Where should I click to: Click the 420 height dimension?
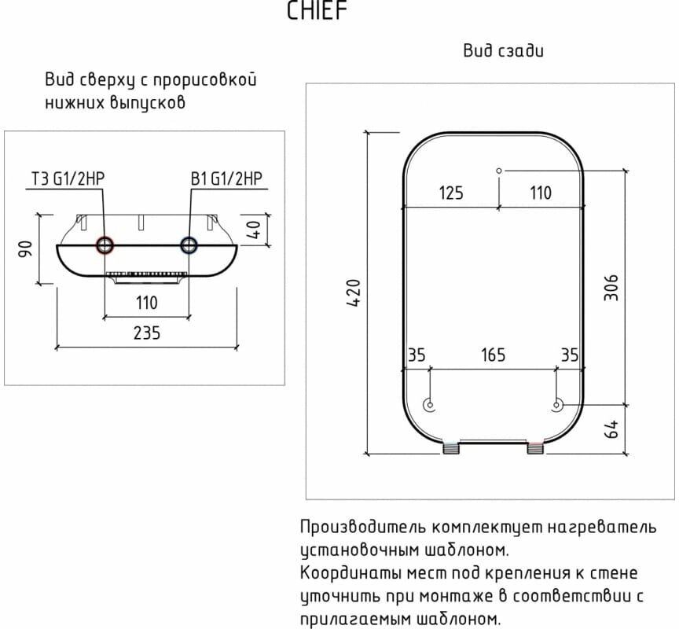[x=354, y=292]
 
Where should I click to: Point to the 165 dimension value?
[x=492, y=355]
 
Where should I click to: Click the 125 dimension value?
[x=450, y=193]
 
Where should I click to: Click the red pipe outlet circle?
[x=104, y=245]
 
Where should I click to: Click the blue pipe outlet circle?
[x=189, y=245]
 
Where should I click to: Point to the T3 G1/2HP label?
[x=68, y=178]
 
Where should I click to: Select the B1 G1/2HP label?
[x=226, y=178]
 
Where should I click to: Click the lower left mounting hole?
[x=429, y=406]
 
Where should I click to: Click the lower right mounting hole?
[x=556, y=406]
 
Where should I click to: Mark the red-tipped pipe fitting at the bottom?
[x=534, y=449]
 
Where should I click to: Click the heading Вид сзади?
[x=503, y=51]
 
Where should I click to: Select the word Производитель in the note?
[x=358, y=527]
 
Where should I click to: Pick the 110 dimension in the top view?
[x=146, y=302]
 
